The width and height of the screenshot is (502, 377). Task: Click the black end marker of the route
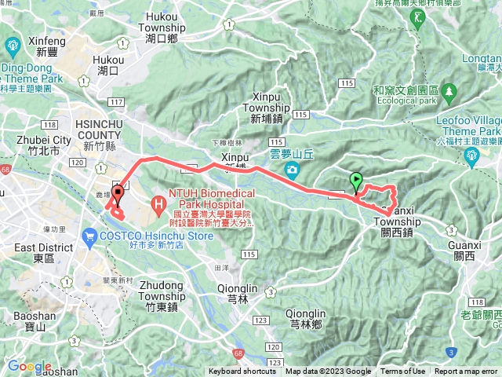coord(118,193)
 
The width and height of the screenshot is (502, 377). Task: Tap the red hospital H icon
coord(158,207)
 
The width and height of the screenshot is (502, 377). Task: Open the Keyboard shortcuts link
coord(242,372)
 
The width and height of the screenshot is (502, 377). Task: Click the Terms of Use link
coord(403,372)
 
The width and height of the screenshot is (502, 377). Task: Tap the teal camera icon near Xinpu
coord(292,170)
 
